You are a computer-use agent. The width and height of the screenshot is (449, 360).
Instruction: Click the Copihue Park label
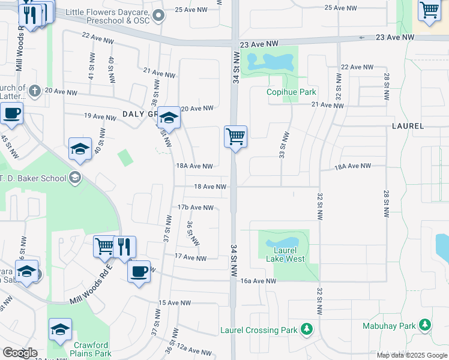pyautogui.click(x=291, y=92)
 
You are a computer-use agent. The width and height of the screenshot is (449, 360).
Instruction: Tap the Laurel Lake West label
pyautogui.click(x=285, y=254)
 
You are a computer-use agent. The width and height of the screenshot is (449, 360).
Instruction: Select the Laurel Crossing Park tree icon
pyautogui.click(x=307, y=329)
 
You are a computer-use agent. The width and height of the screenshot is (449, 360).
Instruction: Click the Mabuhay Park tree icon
pyautogui.click(x=425, y=325)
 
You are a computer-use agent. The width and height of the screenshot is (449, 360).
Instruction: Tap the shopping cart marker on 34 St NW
pyautogui.click(x=236, y=136)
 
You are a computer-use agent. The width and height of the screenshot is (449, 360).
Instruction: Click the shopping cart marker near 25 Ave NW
pyautogui.click(x=429, y=10)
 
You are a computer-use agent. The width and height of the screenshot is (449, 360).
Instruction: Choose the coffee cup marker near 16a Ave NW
pyautogui.click(x=139, y=271)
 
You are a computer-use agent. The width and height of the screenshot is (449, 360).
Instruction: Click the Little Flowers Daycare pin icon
pyautogui.click(x=158, y=16)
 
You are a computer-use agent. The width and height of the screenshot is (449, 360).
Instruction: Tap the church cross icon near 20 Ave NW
pyautogui.click(x=34, y=91)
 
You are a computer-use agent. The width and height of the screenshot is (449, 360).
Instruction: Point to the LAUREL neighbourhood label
pyautogui.click(x=408, y=127)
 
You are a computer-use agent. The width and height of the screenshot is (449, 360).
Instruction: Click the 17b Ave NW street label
pyautogui.click(x=195, y=208)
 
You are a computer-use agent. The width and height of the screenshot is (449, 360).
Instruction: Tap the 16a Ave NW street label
pyautogui.click(x=258, y=280)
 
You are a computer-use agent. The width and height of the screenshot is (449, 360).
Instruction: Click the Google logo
pyautogui.click(x=20, y=353)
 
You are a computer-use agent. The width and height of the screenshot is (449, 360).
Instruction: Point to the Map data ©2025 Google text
pyautogui.click(x=412, y=355)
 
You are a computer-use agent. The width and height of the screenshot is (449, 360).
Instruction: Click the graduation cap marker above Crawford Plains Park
pyautogui.click(x=59, y=329)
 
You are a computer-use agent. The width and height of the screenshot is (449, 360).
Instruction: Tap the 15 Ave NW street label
pyautogui.click(x=177, y=303)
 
